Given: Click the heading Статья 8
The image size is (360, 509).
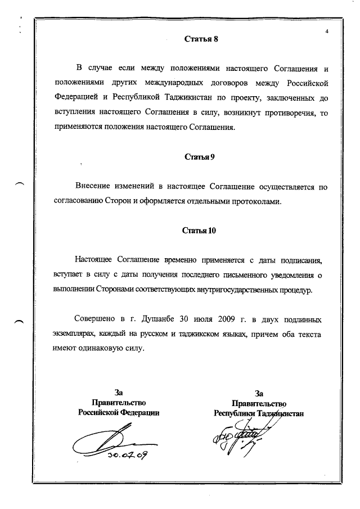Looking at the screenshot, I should pos(200,39).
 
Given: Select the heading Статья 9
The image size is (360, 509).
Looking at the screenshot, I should pos(200,157).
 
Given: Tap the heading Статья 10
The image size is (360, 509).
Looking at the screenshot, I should pos(200,231).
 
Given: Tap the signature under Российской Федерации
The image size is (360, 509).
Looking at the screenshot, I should pos(112,444).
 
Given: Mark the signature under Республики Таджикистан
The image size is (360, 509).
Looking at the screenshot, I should pos(239,439).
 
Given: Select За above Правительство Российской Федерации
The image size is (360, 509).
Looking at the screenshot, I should pos(119,393).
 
